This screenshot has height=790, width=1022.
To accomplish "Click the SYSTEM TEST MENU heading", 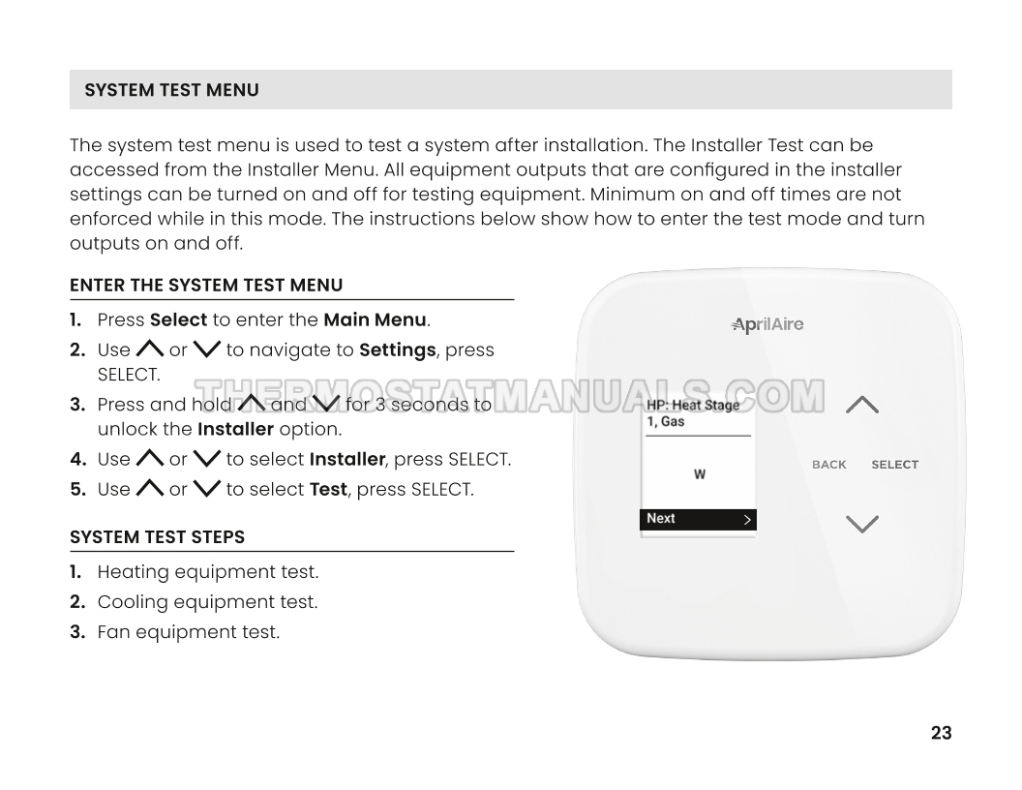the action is (171, 90).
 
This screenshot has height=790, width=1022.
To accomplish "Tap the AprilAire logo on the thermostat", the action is (767, 324).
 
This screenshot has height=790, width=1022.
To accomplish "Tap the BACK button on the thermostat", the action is (829, 465).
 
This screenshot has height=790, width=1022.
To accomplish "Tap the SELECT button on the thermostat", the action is (895, 465).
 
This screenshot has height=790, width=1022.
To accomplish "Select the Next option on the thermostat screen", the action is (698, 519).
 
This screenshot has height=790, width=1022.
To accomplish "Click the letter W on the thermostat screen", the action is (700, 474).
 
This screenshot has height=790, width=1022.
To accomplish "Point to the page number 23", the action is (941, 733).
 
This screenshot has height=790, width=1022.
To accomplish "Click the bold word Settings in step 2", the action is (398, 350).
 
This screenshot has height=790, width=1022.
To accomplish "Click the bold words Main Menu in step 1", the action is (375, 320).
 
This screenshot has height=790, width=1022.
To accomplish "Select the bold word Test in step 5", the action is (328, 490).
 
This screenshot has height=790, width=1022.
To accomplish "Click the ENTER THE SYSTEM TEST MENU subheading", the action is (206, 286).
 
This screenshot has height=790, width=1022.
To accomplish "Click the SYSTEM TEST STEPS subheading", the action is (158, 537).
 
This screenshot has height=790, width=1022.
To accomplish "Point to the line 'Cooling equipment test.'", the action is (208, 602).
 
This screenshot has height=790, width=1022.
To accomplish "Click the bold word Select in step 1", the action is (179, 320).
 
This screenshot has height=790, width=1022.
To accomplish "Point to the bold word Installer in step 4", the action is (347, 460).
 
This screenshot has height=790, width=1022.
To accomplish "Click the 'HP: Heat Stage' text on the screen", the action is (693, 406).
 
